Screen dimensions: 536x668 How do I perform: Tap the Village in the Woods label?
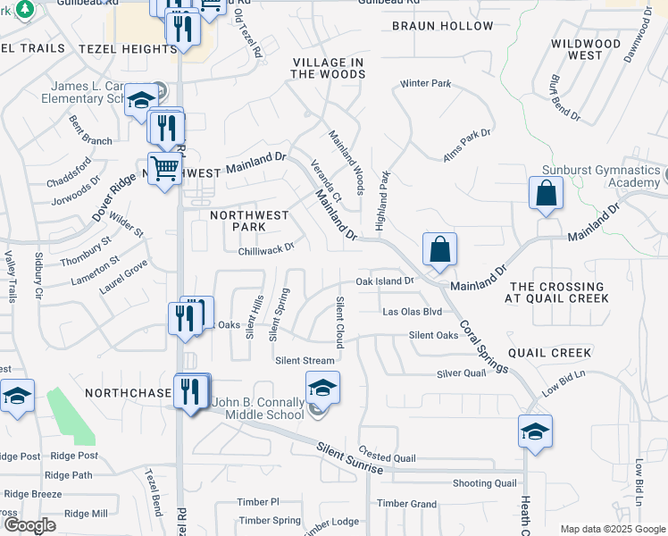(327, 68)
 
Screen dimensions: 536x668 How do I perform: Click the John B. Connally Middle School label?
(257, 408)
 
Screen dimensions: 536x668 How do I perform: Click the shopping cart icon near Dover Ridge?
(164, 168)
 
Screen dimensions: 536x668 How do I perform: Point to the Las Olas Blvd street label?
(412, 312)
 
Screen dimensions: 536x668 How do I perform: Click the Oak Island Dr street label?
(385, 281)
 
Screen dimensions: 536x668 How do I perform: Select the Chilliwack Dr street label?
(266, 250)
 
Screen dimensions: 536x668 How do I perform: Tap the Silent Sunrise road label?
(350, 456)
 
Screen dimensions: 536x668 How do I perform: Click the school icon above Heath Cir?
(535, 432)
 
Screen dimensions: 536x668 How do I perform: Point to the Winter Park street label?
(425, 84)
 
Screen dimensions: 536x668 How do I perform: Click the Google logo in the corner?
(29, 524)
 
